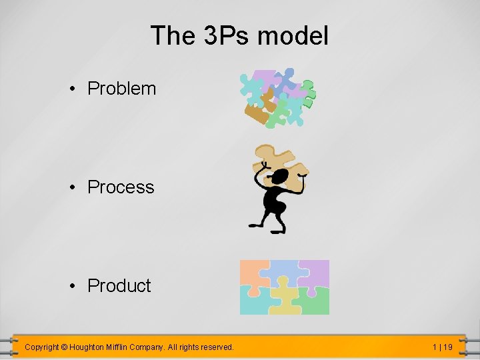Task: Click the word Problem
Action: click(x=121, y=89)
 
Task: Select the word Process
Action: click(x=121, y=187)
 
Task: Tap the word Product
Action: click(x=119, y=286)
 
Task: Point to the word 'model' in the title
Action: click(x=293, y=35)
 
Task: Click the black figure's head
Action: click(x=279, y=177)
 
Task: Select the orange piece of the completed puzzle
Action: click(x=252, y=272)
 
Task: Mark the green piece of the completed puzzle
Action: click(x=314, y=301)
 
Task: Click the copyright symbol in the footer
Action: click(x=65, y=347)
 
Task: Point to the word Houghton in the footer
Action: click(x=90, y=347)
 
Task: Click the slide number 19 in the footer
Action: click(x=447, y=347)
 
